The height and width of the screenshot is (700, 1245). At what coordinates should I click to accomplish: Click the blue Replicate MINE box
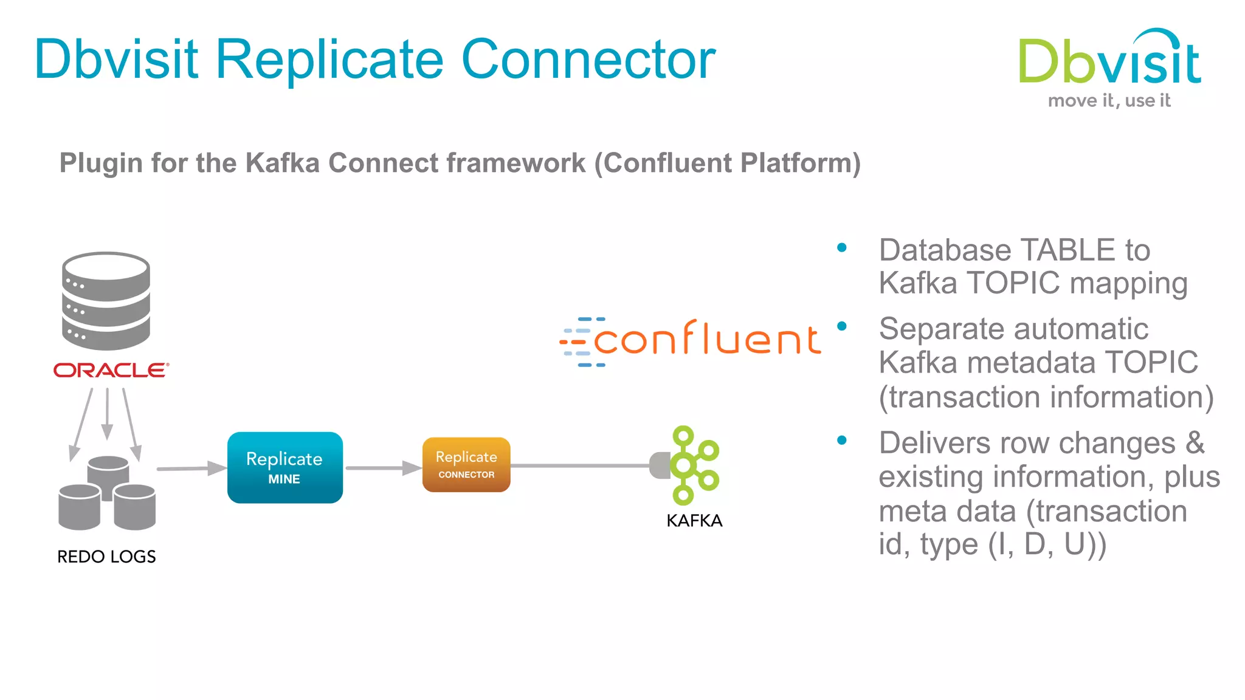[285, 467]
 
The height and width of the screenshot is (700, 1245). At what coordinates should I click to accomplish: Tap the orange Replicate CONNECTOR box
[466, 465]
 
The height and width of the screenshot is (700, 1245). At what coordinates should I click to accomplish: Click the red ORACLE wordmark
[111, 371]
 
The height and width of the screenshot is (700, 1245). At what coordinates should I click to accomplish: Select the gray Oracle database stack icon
[106, 301]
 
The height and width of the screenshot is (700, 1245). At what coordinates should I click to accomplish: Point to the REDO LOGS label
[106, 557]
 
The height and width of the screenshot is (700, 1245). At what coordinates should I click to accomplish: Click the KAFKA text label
[694, 521]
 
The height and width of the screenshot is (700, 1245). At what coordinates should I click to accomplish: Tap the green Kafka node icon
[693, 465]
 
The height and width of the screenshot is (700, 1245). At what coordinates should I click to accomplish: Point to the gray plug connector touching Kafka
[659, 465]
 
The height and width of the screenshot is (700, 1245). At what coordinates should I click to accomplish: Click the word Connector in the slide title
[588, 60]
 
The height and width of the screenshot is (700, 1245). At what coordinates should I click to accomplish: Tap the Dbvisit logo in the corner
[1109, 61]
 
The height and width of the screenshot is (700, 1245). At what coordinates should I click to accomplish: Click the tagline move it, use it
[1109, 101]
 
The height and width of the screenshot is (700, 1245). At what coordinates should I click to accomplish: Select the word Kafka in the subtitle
[282, 163]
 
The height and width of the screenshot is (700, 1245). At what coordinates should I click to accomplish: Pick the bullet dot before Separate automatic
[842, 326]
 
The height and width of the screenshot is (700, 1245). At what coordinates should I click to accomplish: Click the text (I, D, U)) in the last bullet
[1047, 544]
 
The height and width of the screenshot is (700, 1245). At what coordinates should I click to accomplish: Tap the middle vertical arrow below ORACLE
[107, 413]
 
